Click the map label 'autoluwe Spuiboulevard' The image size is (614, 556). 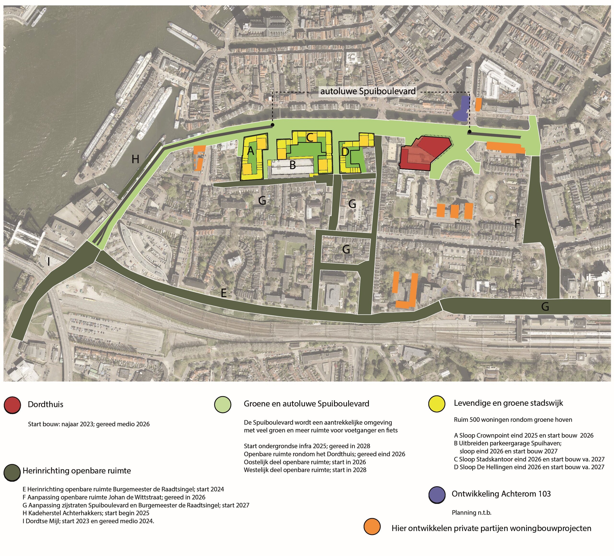point(368,91)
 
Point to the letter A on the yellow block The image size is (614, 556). point(251,150)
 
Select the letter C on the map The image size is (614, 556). point(310,138)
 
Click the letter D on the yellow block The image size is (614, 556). point(345,151)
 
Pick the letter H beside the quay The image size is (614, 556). point(135,159)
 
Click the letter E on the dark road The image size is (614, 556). point(224,293)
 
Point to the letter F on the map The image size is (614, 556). point(517,224)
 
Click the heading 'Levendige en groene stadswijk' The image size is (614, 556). point(508,403)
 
